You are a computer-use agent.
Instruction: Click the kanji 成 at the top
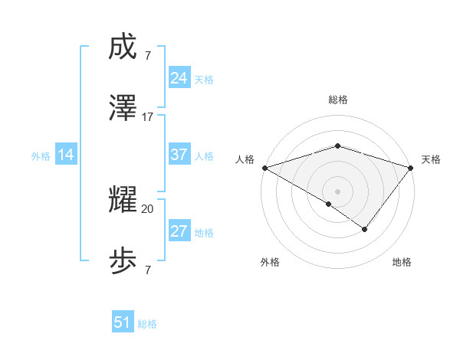tap(123, 48)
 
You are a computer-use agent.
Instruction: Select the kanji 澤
tap(123, 110)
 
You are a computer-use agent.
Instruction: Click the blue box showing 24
tap(179, 78)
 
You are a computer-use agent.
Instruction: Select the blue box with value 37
tap(179, 155)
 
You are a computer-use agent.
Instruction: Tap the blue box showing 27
tap(179, 231)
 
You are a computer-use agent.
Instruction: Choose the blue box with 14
tap(66, 155)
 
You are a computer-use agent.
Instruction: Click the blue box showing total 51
tap(123, 322)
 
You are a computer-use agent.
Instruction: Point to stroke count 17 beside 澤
tap(148, 117)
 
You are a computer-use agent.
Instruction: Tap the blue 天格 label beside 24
tap(204, 80)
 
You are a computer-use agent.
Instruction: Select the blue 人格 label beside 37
tap(204, 156)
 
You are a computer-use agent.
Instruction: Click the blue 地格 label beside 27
tap(204, 233)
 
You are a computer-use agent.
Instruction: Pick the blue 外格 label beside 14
tap(41, 156)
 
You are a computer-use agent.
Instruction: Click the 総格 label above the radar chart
tap(338, 100)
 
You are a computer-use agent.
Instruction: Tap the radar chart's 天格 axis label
tap(432, 159)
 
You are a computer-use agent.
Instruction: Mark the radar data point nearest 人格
tap(264, 168)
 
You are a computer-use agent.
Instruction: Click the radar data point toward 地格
tap(365, 229)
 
